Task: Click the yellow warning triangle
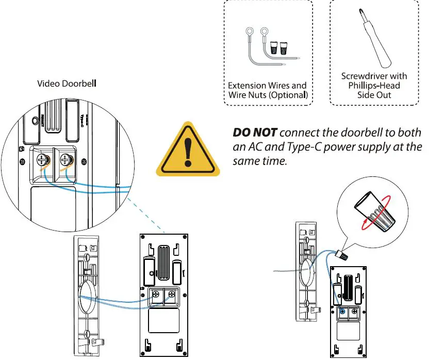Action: tap(187, 149)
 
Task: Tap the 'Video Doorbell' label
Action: tap(67, 83)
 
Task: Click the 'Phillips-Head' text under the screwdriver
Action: tap(374, 86)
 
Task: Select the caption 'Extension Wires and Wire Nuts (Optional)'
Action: tap(267, 90)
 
